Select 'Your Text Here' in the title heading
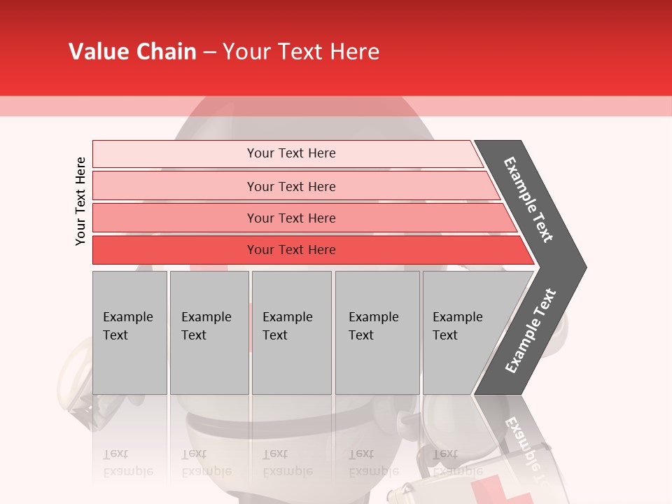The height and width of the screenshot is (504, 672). (x=301, y=52)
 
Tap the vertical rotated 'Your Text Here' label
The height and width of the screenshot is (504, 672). (x=80, y=201)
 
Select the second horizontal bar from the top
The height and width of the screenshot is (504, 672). (x=291, y=186)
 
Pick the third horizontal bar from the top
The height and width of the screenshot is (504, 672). (x=291, y=218)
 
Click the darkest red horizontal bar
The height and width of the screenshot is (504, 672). (x=291, y=250)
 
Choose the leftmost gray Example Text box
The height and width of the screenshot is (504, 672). (x=129, y=332)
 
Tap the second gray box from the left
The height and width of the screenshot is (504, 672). (x=209, y=332)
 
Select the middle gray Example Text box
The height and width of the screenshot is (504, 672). (x=291, y=332)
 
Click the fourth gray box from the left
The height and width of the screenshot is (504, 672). (x=377, y=332)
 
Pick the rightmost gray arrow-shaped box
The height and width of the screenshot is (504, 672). (x=465, y=332)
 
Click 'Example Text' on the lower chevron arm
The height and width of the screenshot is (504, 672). (x=531, y=330)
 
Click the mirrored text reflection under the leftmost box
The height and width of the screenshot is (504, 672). (x=128, y=463)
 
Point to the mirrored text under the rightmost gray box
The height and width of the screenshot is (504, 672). (x=446, y=463)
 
